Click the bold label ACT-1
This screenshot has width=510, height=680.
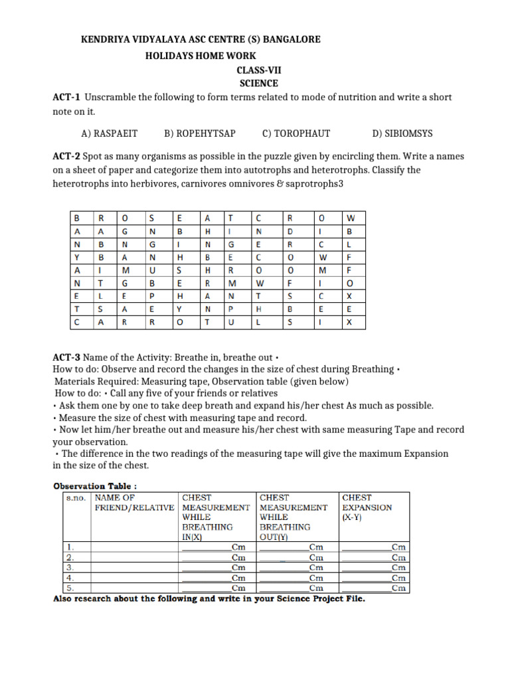click(x=66, y=98)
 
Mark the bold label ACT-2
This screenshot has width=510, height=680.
click(x=66, y=157)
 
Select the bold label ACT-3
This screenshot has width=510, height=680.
click(x=66, y=358)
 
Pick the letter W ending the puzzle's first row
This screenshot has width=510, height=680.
click(x=352, y=218)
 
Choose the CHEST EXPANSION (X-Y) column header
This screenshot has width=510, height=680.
click(x=367, y=507)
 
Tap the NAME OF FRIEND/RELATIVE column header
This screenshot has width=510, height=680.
click(x=135, y=503)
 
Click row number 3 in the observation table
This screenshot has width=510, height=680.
click(x=70, y=568)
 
